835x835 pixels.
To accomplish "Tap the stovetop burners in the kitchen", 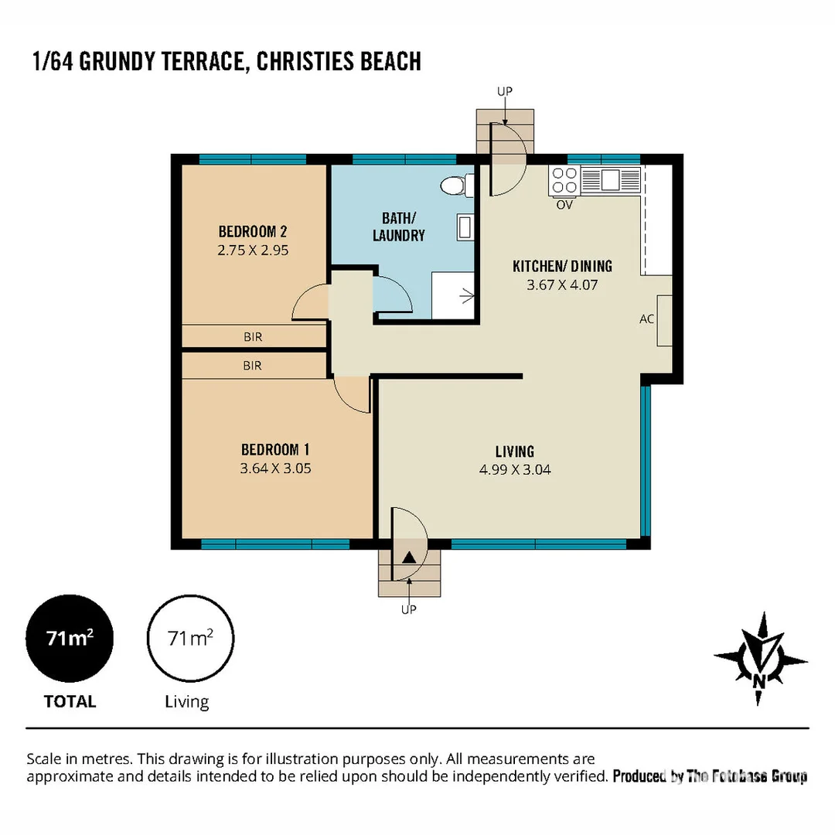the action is (x=564, y=180).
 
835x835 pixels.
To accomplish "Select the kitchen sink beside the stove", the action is (x=610, y=179).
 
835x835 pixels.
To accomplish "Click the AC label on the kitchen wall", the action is (x=646, y=319).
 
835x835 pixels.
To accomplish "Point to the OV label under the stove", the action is (x=564, y=205).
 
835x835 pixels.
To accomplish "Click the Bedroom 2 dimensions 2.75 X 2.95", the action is (x=253, y=250).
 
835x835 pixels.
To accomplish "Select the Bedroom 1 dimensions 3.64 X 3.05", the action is (x=275, y=469).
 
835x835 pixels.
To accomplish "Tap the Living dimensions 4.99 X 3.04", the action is (x=515, y=470).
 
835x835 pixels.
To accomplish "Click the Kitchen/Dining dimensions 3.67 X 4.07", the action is (x=562, y=285).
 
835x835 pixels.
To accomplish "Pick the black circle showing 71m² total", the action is (x=70, y=638).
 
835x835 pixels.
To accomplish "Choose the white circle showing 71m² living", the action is (x=191, y=638).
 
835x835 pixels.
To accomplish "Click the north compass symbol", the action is (x=760, y=659).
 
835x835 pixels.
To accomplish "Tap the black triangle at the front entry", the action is (x=409, y=557).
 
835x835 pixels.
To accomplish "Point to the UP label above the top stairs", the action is (x=505, y=91).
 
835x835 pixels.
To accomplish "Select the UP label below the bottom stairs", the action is (x=408, y=610).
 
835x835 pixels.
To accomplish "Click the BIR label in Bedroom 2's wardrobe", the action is (x=253, y=337).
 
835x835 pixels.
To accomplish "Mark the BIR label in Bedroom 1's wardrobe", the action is (x=252, y=366).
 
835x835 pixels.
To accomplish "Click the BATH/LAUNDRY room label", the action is (x=399, y=227).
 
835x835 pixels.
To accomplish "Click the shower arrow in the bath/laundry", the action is (x=467, y=296).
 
